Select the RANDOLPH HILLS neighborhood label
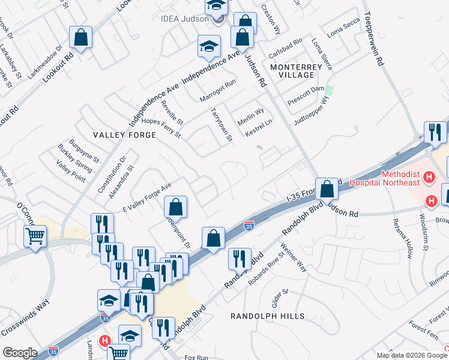click(268, 316)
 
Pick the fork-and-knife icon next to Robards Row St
click(240, 259)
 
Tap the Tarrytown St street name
click(221, 125)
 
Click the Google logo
click(20, 353)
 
